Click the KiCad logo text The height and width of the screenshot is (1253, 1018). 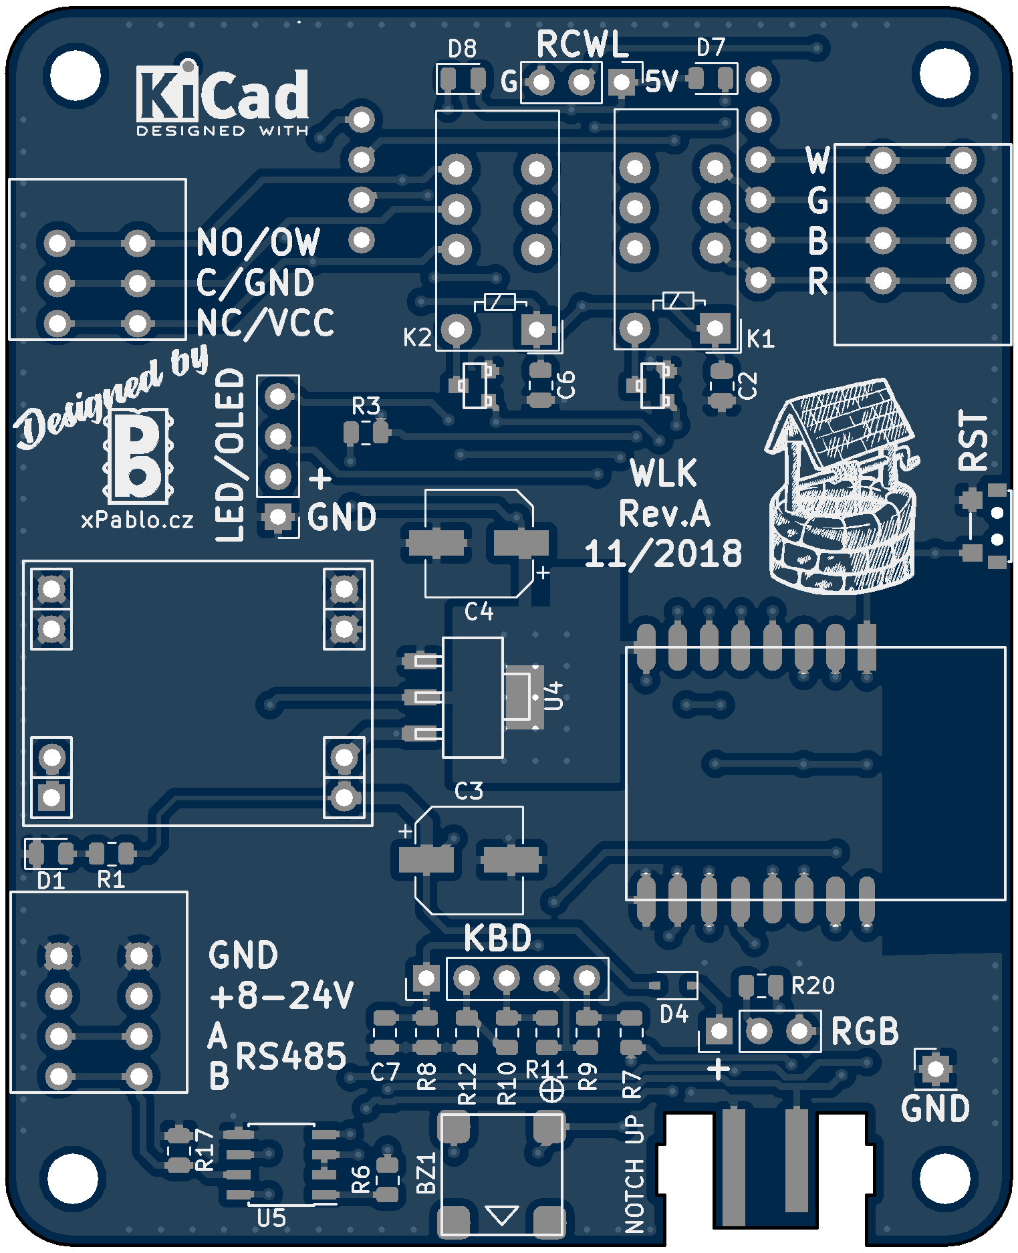coord(223,94)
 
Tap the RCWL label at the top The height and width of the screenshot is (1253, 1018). coord(582,45)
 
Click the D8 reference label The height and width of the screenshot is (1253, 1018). coord(462,49)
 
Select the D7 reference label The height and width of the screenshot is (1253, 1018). coord(711,47)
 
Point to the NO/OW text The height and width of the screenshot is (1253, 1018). coord(258,242)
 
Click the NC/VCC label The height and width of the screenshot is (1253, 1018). coord(265,324)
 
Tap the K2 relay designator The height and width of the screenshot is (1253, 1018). coord(417,338)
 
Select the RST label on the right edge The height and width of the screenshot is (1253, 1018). coord(973,441)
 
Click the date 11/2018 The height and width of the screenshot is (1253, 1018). coord(663,554)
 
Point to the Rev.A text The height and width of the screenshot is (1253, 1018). coord(664,514)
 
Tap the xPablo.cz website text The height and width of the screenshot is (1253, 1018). coord(137,520)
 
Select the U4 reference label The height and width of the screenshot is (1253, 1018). coord(554,695)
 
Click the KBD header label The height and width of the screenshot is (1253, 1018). coord(497,938)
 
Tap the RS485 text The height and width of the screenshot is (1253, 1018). coord(291,1056)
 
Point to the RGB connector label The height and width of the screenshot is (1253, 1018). coord(864,1032)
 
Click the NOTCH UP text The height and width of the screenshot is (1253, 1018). coord(634,1173)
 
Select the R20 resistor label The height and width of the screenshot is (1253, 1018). coord(813,986)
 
